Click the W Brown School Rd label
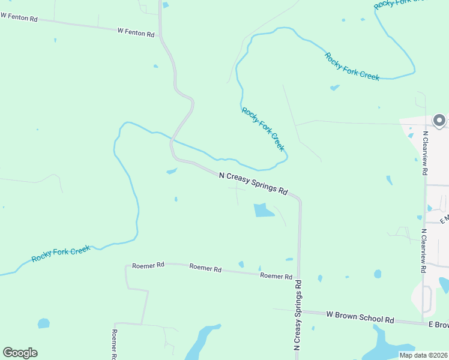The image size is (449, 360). [360, 316]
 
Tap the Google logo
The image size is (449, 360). [20, 353]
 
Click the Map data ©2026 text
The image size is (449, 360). [423, 355]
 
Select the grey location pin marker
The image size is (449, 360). [439, 120]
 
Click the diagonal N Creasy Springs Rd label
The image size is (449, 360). [253, 182]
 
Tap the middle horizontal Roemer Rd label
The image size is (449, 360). [205, 268]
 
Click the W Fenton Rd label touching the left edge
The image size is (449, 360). [19, 19]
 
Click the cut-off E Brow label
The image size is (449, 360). [438, 325]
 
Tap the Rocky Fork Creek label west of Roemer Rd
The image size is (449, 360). [61, 253]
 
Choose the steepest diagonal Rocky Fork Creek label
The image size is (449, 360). [263, 129]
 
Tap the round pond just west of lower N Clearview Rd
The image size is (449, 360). [378, 274]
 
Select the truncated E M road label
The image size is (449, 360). [444, 220]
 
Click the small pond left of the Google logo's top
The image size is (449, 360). [43, 323]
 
